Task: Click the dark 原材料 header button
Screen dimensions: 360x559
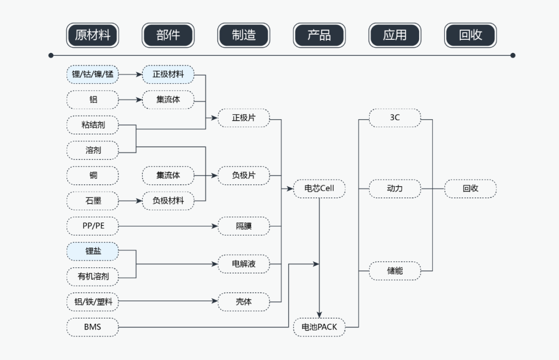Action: [93, 35]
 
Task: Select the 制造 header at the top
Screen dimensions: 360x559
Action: [244, 35]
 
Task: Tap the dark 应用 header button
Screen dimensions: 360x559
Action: [394, 35]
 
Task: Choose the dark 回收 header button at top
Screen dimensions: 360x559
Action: [470, 35]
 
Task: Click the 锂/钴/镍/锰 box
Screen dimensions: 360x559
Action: [93, 75]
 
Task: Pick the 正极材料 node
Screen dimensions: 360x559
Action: [168, 75]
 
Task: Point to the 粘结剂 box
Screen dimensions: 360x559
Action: [93, 125]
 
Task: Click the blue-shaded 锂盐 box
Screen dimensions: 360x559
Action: [93, 251]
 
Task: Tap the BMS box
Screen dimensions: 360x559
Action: [93, 327]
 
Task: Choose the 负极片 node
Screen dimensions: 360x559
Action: [244, 176]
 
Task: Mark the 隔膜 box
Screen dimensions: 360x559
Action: [244, 226]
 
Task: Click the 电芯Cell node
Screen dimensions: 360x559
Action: [319, 189]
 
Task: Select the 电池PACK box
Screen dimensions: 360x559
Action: [319, 327]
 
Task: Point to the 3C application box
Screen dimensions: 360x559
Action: [394, 118]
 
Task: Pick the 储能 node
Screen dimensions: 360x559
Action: [394, 270]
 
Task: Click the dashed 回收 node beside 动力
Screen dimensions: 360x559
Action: [470, 189]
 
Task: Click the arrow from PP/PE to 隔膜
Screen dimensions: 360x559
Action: [166, 226]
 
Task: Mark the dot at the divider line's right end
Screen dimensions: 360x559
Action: [513, 55]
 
